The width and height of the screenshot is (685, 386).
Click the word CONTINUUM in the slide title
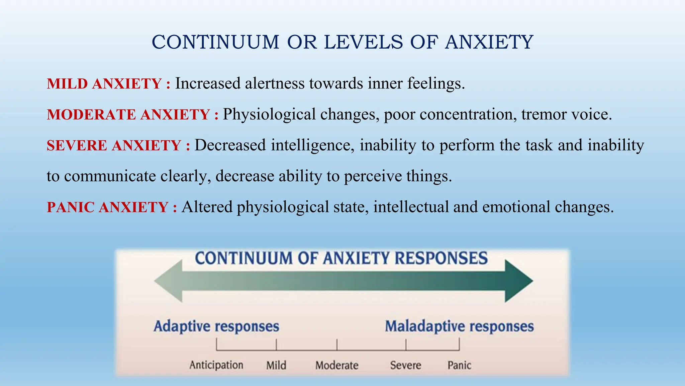pyautogui.click(x=215, y=42)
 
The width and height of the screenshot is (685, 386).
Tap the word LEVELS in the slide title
pyautogui.click(x=364, y=42)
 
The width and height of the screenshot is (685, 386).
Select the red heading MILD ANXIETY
pyautogui.click(x=104, y=84)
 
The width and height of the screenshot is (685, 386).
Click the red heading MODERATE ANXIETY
pyautogui.click(x=128, y=115)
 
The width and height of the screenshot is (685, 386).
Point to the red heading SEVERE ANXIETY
pyautogui.click(x=114, y=145)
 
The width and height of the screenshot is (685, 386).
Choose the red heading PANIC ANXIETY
pyautogui.click(x=107, y=207)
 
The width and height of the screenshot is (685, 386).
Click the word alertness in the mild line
pyautogui.click(x=275, y=83)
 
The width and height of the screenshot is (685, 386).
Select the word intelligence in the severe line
pyautogui.click(x=312, y=145)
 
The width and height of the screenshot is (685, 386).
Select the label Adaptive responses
pyautogui.click(x=216, y=326)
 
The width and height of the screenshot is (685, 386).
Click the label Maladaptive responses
pyautogui.click(x=459, y=326)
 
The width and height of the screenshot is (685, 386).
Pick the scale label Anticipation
pyautogui.click(x=216, y=365)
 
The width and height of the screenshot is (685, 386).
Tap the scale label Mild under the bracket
pyautogui.click(x=276, y=365)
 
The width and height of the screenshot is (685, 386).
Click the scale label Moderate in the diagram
pyautogui.click(x=337, y=365)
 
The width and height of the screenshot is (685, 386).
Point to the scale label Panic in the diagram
pyautogui.click(x=459, y=365)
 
